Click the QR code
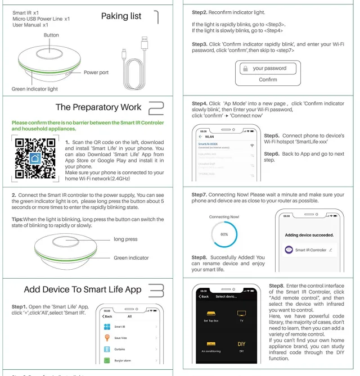[x=35, y=157]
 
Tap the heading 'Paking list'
[x=121, y=16]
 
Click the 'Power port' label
[x=96, y=73]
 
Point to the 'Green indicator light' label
[x=34, y=89]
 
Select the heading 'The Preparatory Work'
[x=98, y=107]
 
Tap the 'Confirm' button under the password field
[x=268, y=80]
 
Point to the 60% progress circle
[x=224, y=235]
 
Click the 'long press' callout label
[x=125, y=239]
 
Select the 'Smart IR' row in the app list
[x=120, y=326]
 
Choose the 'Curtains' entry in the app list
[x=120, y=349]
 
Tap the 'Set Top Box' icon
[x=211, y=316]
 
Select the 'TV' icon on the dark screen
[x=241, y=316]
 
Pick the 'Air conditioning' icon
[x=211, y=346]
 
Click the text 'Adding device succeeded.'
[x=309, y=234]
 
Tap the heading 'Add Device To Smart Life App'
[x=82, y=289]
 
